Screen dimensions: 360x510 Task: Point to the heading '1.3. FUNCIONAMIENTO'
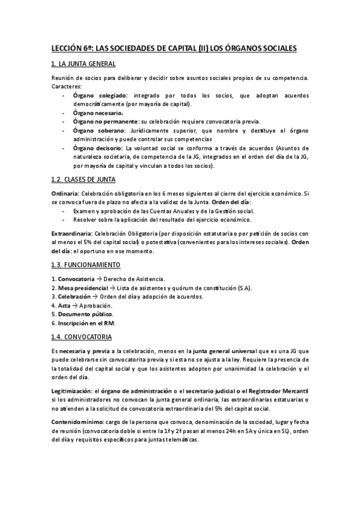(x=85, y=264)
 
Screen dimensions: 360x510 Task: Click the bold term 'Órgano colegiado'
(x=100, y=96)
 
